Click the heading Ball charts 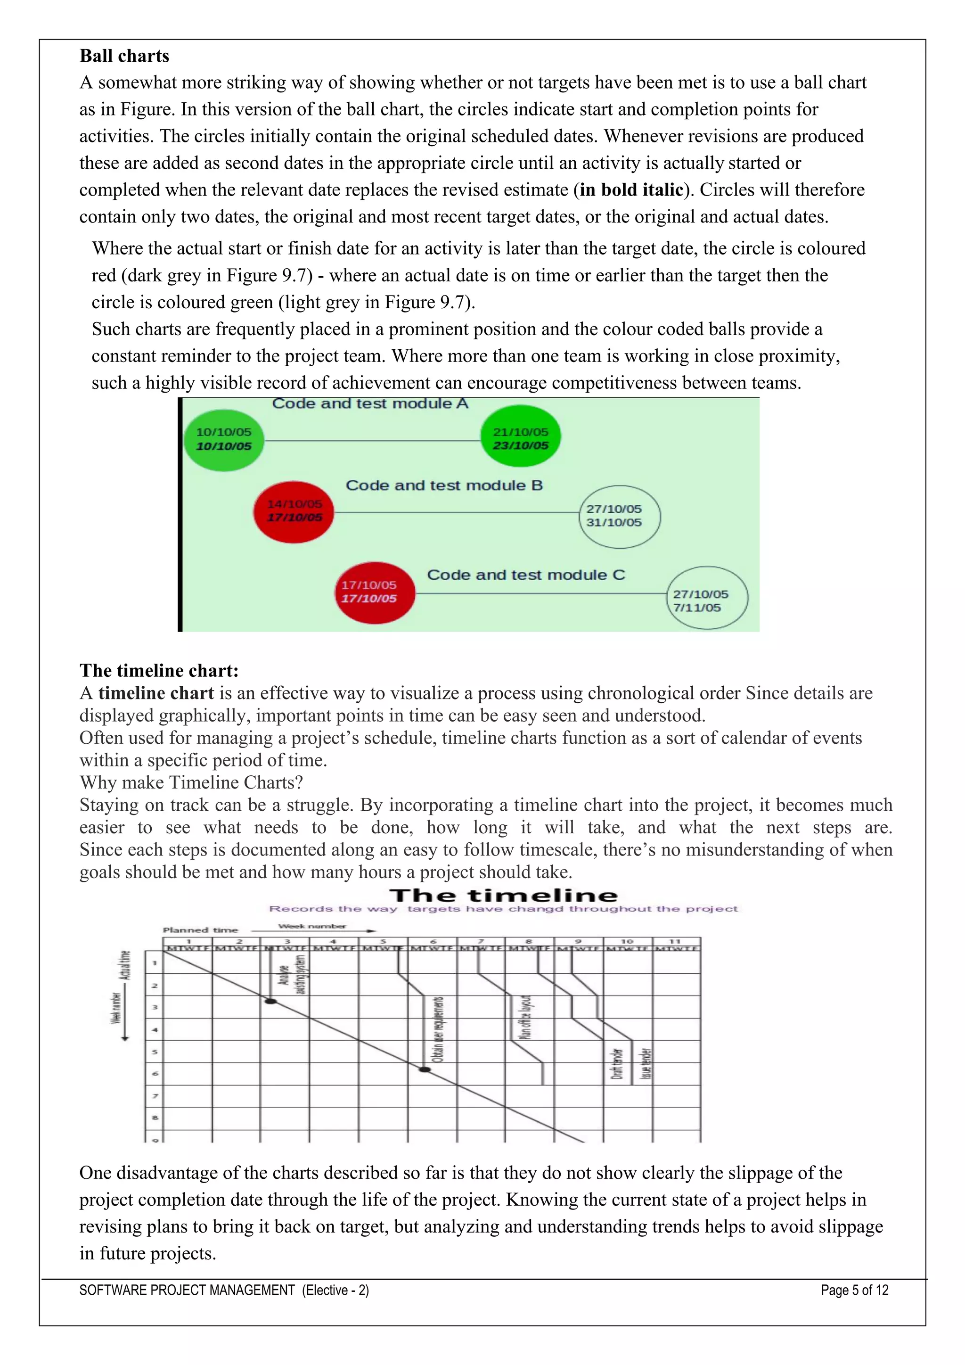tap(124, 56)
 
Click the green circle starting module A tap(223, 440)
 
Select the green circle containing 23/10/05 tap(521, 436)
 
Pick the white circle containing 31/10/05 tap(619, 516)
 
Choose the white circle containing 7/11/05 tap(707, 598)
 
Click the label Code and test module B tap(444, 485)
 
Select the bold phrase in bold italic tap(631, 189)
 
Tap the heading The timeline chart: tap(159, 671)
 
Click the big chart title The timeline tap(504, 896)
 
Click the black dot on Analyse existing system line tap(270, 1002)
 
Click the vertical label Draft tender tap(617, 1064)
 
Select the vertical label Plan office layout tap(525, 1017)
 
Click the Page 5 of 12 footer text tap(854, 1290)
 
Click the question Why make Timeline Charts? tap(191, 782)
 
